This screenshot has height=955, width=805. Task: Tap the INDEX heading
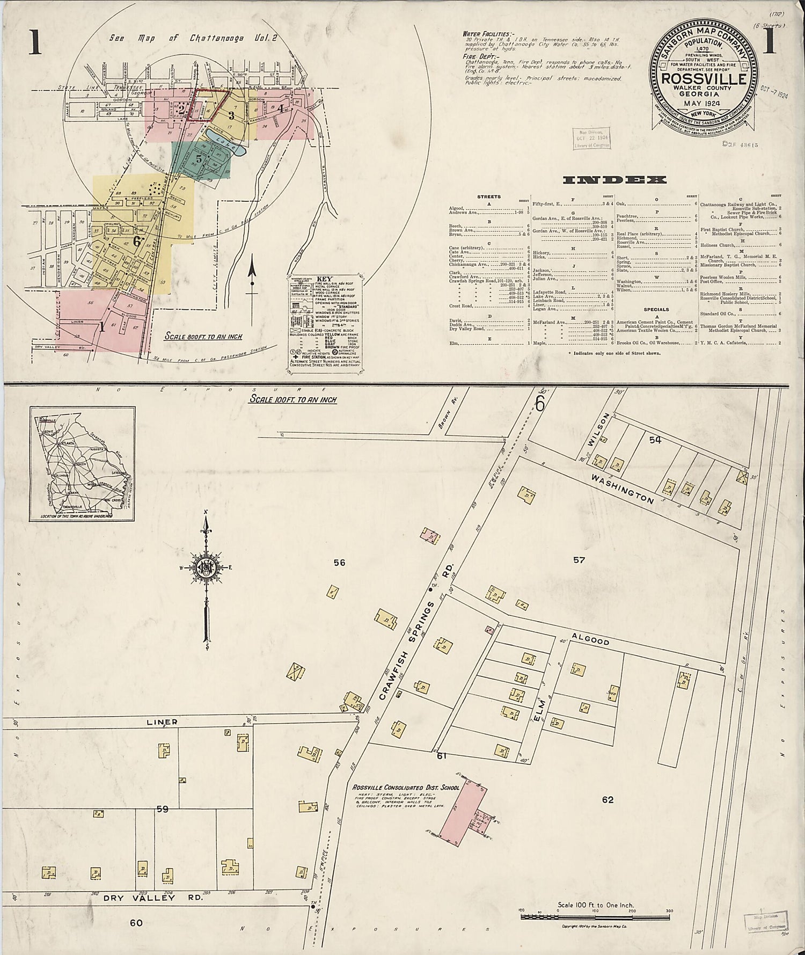click(614, 180)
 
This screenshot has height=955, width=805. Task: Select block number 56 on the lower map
click(339, 563)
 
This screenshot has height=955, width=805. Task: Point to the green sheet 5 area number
click(199, 159)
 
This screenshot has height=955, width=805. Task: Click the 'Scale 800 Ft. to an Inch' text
click(203, 337)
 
